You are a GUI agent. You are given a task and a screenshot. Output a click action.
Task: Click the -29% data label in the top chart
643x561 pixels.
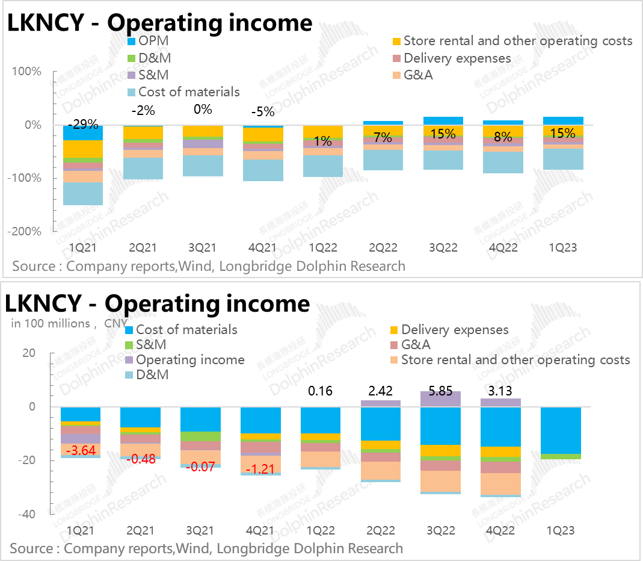(x=83, y=125)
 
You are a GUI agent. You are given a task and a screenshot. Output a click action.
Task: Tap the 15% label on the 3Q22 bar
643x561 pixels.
(x=443, y=134)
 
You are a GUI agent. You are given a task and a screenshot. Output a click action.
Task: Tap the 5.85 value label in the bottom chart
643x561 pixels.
(x=440, y=391)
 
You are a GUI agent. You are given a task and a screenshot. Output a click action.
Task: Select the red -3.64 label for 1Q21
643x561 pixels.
(x=81, y=450)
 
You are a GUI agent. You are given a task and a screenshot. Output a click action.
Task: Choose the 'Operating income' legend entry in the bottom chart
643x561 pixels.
(x=190, y=360)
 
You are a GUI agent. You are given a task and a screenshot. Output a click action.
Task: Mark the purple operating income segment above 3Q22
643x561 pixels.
(x=440, y=399)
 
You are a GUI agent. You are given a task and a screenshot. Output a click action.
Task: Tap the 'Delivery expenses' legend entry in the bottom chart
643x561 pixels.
(x=455, y=330)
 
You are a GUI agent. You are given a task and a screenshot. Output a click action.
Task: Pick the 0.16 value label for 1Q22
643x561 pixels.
(x=321, y=391)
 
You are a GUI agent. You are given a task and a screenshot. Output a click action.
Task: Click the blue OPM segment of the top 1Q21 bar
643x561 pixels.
(x=83, y=134)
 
